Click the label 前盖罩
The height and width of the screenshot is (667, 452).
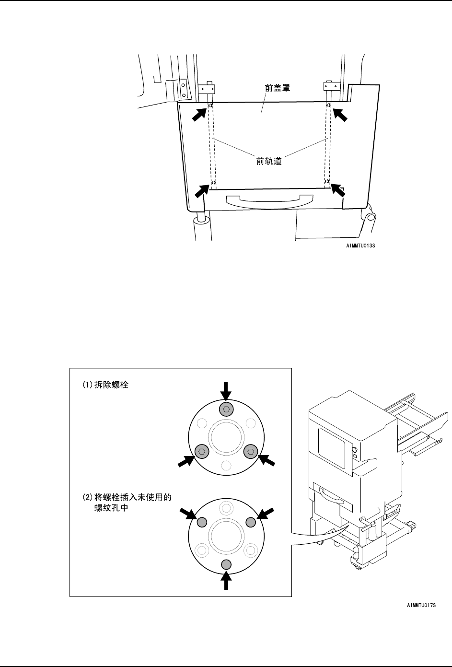(x=278, y=89)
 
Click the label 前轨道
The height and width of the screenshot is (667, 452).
(x=268, y=161)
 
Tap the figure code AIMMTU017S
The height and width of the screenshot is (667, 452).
(x=419, y=606)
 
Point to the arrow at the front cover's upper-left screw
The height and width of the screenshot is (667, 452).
(x=200, y=115)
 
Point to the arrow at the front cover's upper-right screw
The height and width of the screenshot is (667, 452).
(x=339, y=115)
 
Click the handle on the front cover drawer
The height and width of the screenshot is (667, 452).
(x=269, y=201)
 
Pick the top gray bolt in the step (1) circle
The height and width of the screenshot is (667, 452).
(x=226, y=409)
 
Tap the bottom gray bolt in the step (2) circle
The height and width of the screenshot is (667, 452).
(x=227, y=563)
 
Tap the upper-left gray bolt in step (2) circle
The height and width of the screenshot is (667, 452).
(x=202, y=521)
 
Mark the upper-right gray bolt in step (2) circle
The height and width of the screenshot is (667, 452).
(x=251, y=521)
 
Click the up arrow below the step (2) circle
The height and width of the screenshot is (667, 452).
(x=227, y=581)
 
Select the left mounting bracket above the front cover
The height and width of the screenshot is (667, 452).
(x=207, y=88)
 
